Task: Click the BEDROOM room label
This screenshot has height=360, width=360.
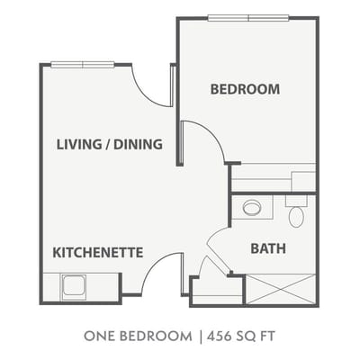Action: pos(245,89)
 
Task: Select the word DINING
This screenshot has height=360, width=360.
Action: pos(140,144)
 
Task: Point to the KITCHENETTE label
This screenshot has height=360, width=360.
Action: pos(98,253)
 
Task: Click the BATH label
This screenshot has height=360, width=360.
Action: pos(268,247)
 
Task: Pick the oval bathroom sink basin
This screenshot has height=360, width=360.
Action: pos(252,207)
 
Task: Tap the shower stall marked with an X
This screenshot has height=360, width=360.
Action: pos(281,290)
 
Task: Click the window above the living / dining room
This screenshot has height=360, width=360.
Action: pos(82,63)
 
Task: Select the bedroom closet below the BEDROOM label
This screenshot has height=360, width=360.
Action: pos(273,176)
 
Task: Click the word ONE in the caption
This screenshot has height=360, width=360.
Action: pos(101,337)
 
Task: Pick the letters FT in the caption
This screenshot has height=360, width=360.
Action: pos(266,337)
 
